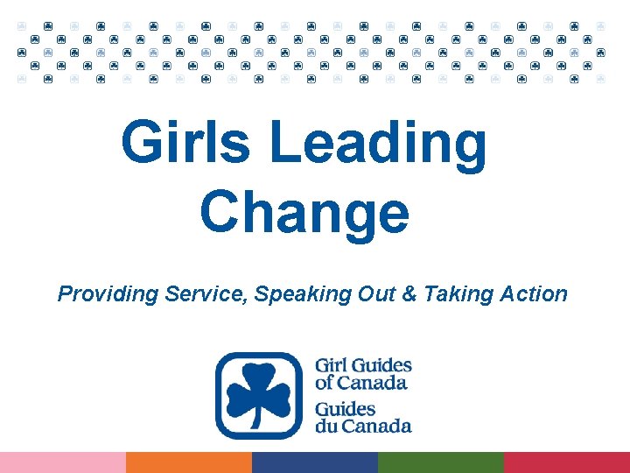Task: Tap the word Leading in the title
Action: pos(378,145)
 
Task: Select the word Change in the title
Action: pos(304,213)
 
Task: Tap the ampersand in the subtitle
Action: pos(408,293)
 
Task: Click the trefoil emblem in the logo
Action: pos(258,395)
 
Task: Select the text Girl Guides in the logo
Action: pos(363,365)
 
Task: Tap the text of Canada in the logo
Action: pos(360,383)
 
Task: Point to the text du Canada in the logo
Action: pos(363,427)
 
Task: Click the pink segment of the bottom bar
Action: pos(63,462)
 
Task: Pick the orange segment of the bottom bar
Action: pos(189,462)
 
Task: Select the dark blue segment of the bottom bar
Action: pos(315,462)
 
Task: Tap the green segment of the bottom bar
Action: pos(441,462)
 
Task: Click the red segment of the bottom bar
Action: pos(567,462)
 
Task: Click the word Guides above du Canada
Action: pos(345,409)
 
